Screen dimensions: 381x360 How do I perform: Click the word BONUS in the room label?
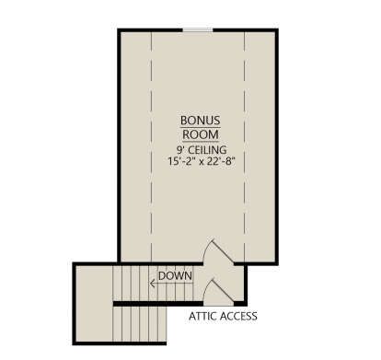click(x=201, y=121)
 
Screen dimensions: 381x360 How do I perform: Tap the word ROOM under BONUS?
click(x=201, y=134)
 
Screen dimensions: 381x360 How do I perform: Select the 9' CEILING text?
click(x=202, y=150)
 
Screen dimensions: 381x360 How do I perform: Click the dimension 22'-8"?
click(x=221, y=161)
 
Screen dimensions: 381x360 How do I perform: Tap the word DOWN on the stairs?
click(x=175, y=275)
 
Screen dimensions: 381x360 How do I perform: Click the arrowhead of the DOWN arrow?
click(x=152, y=284)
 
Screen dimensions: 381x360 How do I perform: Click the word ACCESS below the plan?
click(x=238, y=316)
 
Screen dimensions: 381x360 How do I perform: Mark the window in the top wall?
click(x=198, y=29)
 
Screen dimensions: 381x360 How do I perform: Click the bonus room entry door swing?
click(x=219, y=251)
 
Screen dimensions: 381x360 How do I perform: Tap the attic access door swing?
click(x=219, y=291)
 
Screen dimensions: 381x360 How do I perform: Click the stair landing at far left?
click(x=94, y=304)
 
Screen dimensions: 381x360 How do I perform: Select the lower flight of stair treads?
click(x=140, y=324)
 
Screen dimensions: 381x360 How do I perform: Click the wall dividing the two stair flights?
click(x=158, y=304)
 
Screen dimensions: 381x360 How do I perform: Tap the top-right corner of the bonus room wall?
click(x=277, y=30)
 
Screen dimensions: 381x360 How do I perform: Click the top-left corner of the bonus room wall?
click(x=120, y=30)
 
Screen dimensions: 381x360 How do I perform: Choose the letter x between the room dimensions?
click(x=202, y=162)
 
